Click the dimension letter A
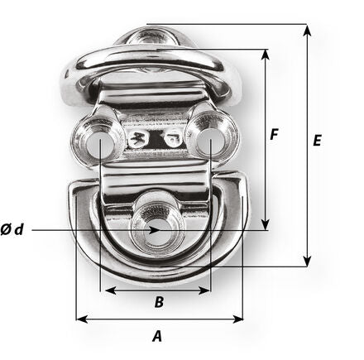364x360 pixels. (x=157, y=336)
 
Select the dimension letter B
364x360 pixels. (x=159, y=302)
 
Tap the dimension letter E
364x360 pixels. (x=318, y=142)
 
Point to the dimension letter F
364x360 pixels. (x=275, y=132)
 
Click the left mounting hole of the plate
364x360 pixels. (x=100, y=142)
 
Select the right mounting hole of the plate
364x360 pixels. (x=212, y=142)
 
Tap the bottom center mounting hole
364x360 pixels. (x=155, y=231)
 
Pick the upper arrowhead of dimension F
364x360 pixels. (x=266, y=54)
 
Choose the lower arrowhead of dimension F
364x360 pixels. (x=266, y=224)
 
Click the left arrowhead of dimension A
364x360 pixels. (x=80, y=318)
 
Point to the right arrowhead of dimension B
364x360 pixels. (x=208, y=290)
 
